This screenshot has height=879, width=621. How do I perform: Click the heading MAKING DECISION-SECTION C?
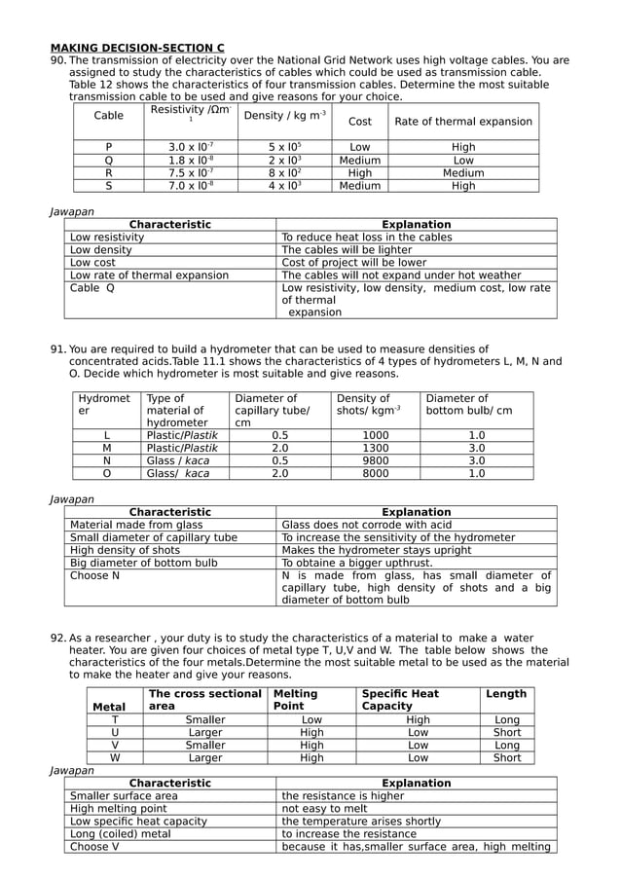137,47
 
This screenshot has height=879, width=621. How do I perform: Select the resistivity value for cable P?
191,147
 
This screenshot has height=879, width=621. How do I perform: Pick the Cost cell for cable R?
359,172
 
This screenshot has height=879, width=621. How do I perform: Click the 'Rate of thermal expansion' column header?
463,122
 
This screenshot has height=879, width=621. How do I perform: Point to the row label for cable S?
108,185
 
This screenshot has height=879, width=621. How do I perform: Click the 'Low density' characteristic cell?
102,250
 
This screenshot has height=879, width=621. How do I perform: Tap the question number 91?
57,349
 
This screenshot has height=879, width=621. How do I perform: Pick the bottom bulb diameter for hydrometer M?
476,449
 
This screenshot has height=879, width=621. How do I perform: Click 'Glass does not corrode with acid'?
366,525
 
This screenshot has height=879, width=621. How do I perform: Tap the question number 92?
57,638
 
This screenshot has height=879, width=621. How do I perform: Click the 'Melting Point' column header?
296,700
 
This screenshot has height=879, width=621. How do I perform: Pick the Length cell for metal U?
506,732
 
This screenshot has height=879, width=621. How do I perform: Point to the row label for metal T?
116,719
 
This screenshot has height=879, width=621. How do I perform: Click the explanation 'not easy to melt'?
324,809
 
